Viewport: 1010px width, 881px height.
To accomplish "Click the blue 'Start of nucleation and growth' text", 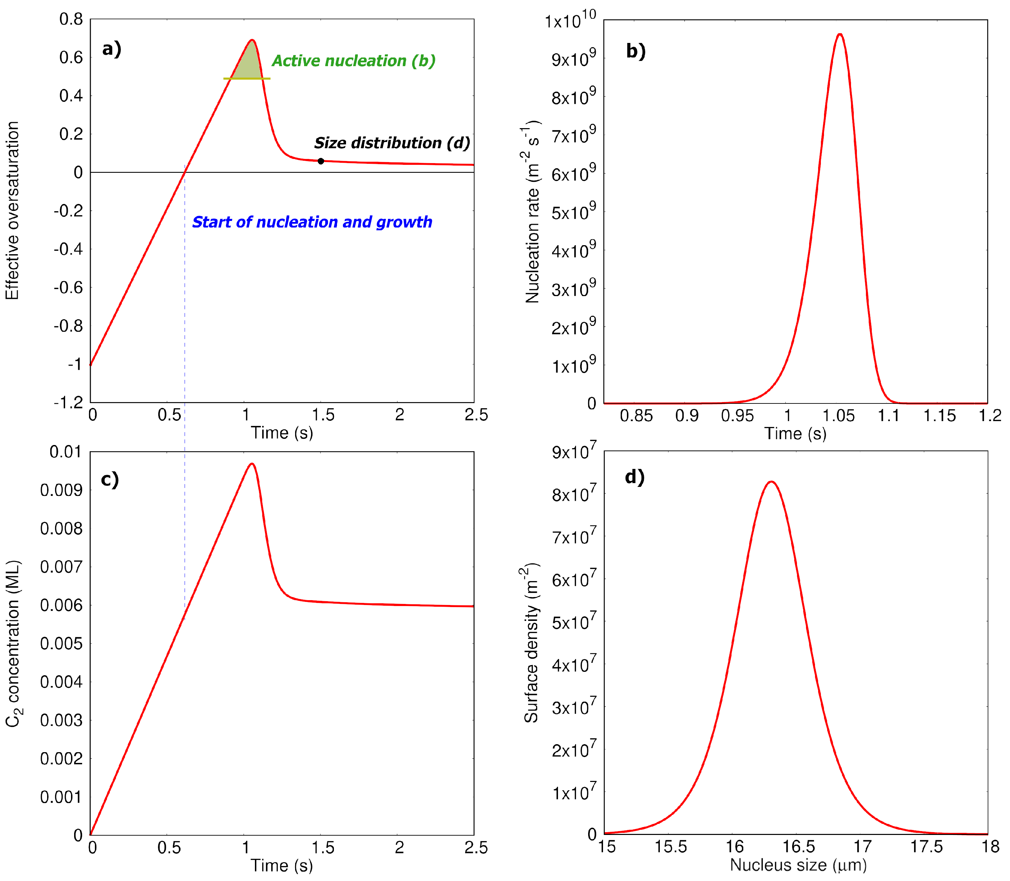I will point(312,222).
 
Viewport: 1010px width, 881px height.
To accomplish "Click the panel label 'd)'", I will point(634,477).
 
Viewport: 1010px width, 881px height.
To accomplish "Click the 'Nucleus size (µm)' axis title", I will point(798,865).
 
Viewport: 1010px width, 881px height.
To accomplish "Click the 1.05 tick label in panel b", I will point(839,416).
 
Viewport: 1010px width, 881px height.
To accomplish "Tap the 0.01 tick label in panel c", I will point(65,452).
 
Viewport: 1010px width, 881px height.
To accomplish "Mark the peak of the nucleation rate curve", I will point(840,34).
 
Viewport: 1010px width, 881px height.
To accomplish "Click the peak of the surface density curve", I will point(771,482).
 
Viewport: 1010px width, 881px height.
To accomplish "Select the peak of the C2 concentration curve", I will point(252,464).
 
